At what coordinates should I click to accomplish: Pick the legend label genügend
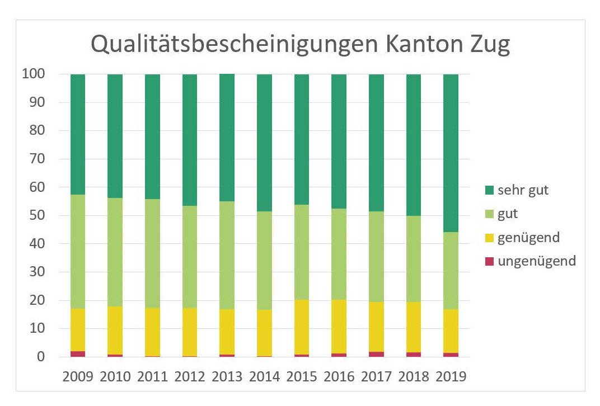click(528, 237)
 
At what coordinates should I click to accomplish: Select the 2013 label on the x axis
click(227, 376)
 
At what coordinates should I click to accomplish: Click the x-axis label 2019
click(451, 376)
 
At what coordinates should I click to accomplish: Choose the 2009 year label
click(78, 376)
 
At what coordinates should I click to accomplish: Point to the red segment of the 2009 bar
click(78, 354)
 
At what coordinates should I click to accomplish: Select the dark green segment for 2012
click(190, 140)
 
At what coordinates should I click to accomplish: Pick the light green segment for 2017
click(376, 257)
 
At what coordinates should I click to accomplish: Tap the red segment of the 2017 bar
click(376, 355)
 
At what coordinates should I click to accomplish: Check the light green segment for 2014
click(264, 261)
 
